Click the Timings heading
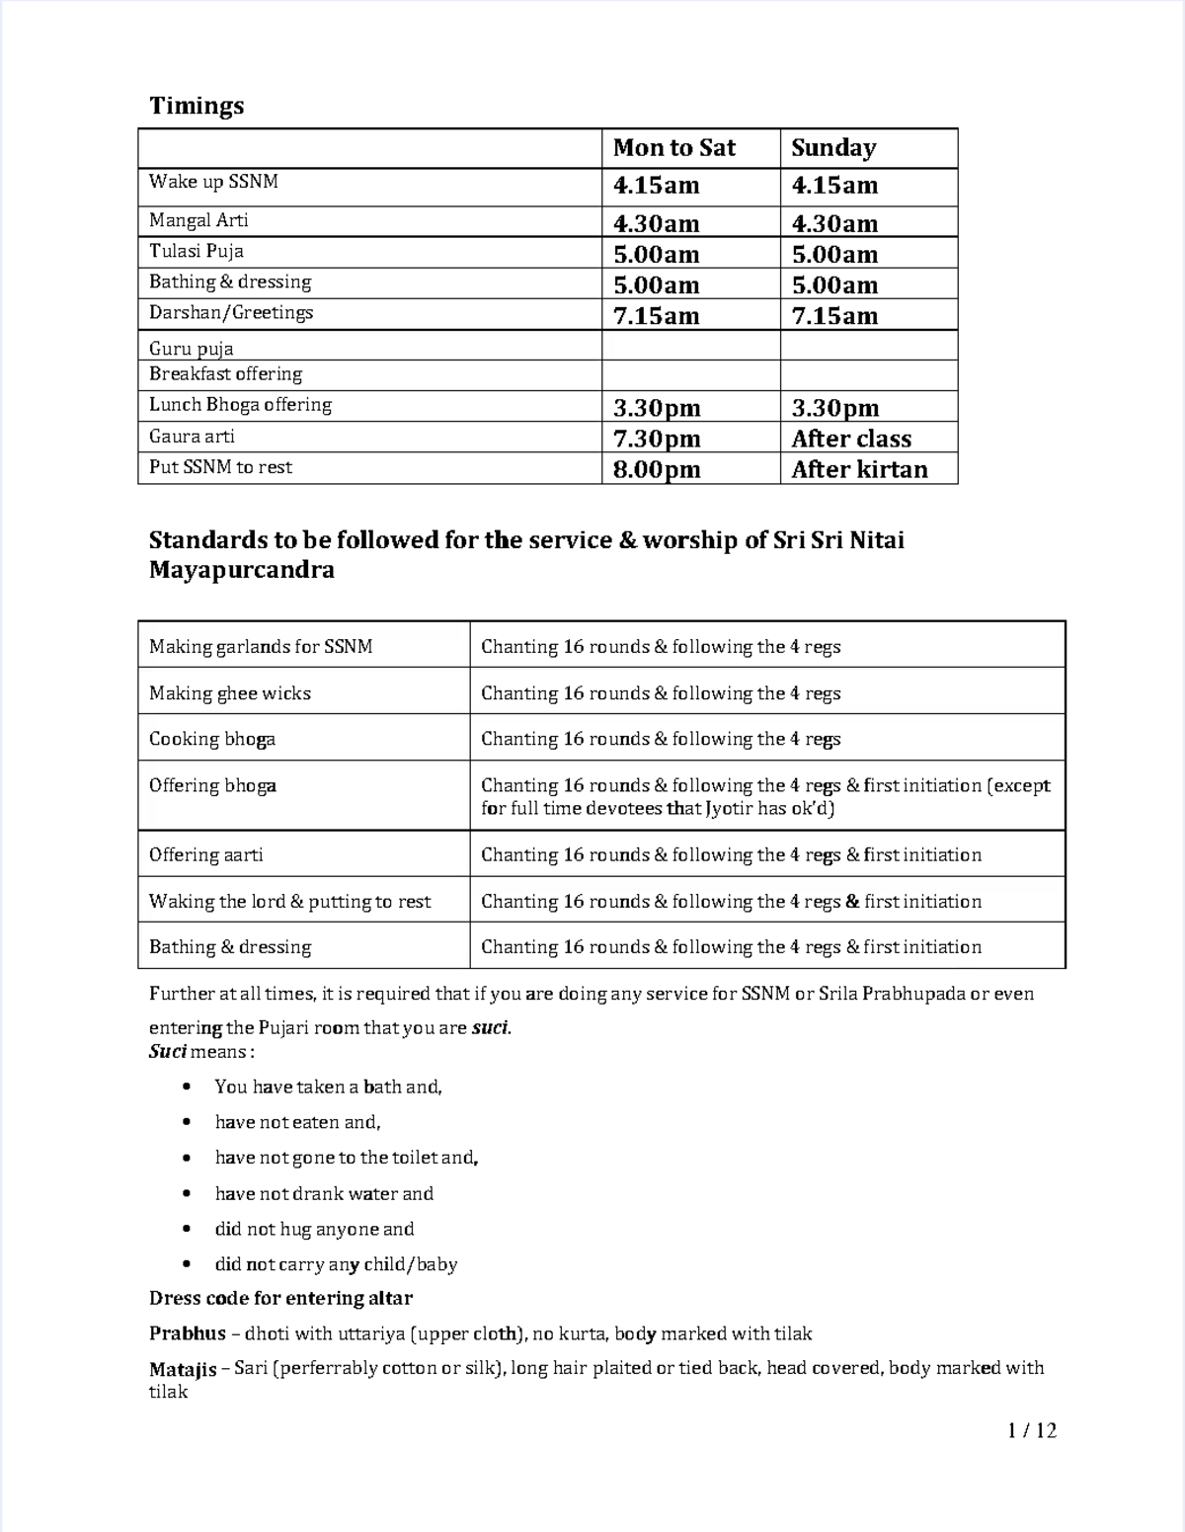(x=197, y=106)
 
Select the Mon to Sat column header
(x=673, y=148)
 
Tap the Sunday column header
(x=833, y=148)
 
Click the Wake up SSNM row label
(x=213, y=182)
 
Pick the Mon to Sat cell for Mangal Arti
(x=656, y=223)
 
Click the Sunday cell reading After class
(x=851, y=439)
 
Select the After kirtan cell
(x=859, y=469)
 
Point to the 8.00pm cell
(x=656, y=469)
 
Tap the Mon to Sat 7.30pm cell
(x=656, y=439)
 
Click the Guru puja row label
(x=191, y=348)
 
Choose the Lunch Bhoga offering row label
(x=240, y=404)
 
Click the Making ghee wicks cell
(x=230, y=693)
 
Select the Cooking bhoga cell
(x=212, y=739)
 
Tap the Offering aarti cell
(x=205, y=854)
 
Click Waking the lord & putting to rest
(x=289, y=901)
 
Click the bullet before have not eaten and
(x=187, y=1122)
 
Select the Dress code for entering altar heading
(x=280, y=1298)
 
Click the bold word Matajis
(x=183, y=1369)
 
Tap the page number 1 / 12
(x=1032, y=1430)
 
